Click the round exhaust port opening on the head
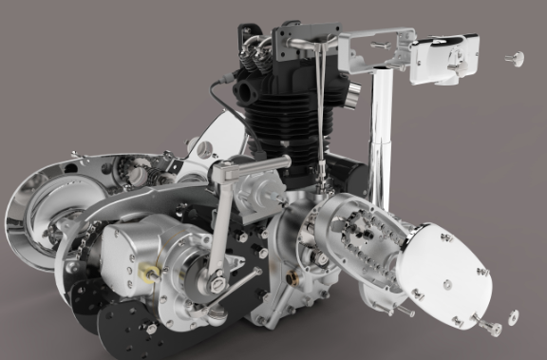[245, 93]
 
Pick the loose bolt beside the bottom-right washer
[491, 328]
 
